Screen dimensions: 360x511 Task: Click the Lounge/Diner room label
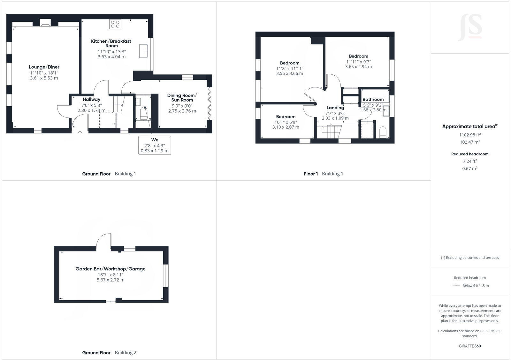pyautogui.click(x=44, y=67)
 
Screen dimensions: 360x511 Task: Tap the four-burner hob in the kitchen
pyautogui.click(x=115, y=24)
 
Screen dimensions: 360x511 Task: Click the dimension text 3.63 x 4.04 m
pyautogui.click(x=111, y=57)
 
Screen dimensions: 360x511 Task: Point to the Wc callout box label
pyautogui.click(x=155, y=140)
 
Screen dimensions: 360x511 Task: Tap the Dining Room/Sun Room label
pyautogui.click(x=182, y=98)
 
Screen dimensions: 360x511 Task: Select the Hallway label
pyautogui.click(x=92, y=100)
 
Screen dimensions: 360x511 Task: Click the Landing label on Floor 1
pyautogui.click(x=335, y=108)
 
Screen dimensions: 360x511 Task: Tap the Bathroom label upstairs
pyautogui.click(x=373, y=100)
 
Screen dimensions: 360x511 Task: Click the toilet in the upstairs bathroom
pyautogui.click(x=382, y=132)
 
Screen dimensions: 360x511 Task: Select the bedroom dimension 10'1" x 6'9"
pyautogui.click(x=286, y=122)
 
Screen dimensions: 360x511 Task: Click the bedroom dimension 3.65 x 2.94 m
pyautogui.click(x=358, y=67)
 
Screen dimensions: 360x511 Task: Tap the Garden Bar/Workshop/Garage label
pyautogui.click(x=111, y=269)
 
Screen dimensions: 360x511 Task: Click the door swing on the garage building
pyautogui.click(x=104, y=240)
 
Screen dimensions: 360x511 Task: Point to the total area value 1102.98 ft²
pyautogui.click(x=470, y=135)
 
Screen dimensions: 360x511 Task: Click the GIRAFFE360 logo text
pyautogui.click(x=470, y=346)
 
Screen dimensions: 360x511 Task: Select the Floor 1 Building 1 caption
pyautogui.click(x=323, y=174)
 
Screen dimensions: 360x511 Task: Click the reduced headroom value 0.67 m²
pyautogui.click(x=470, y=169)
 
